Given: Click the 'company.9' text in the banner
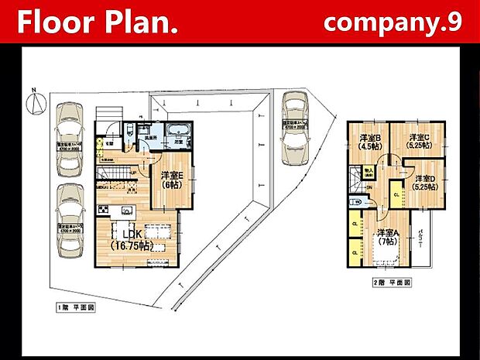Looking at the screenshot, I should [x=393, y=22].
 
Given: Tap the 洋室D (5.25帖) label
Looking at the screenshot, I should [x=424, y=183].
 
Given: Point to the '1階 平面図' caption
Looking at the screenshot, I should [x=75, y=307].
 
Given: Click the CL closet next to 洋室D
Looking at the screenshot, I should [x=396, y=193].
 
